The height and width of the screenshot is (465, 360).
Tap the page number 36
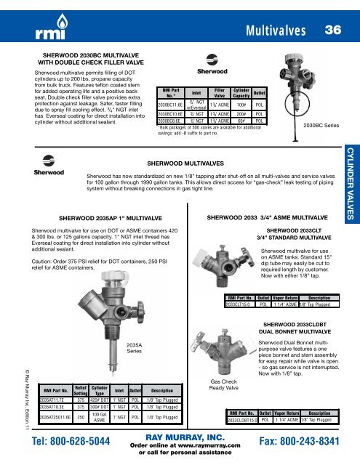click(333, 30)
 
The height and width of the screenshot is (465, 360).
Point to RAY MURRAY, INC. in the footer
click(180, 438)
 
